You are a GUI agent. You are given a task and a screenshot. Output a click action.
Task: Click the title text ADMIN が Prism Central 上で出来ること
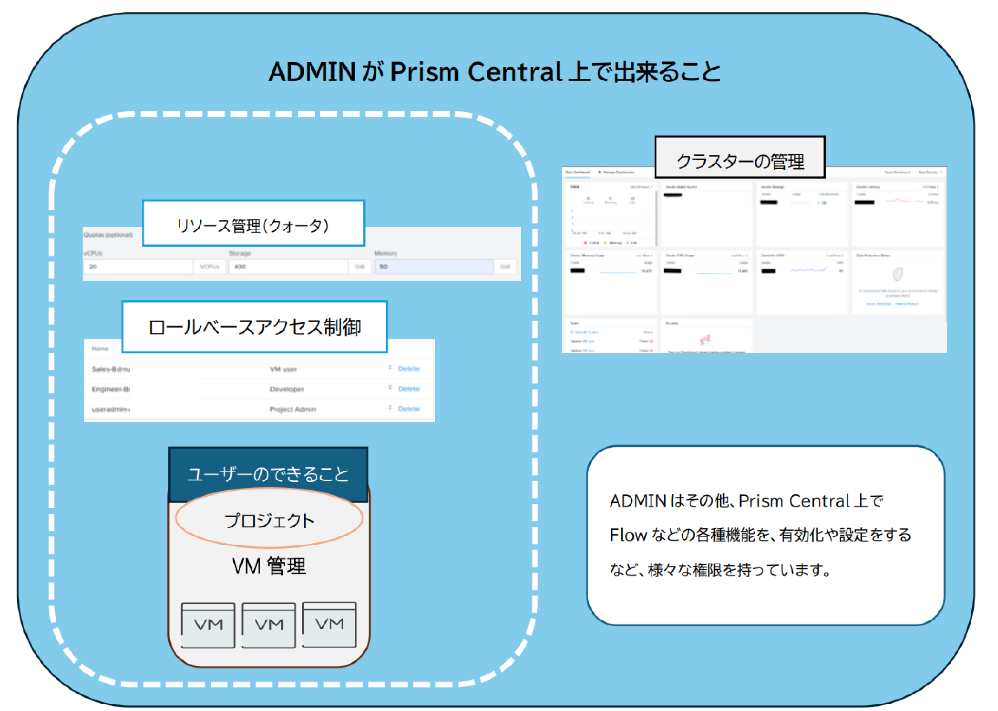pos(495,72)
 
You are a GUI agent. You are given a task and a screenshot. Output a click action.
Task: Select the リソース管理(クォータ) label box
pos(253,224)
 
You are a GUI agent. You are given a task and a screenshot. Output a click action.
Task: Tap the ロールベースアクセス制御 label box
pos(254,327)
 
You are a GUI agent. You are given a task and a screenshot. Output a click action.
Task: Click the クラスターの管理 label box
pos(740,158)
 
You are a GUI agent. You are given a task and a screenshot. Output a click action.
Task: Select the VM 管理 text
pos(269,566)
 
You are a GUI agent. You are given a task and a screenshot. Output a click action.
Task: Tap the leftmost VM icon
pos(208,625)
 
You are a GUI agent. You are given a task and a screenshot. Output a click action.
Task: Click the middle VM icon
pos(268,625)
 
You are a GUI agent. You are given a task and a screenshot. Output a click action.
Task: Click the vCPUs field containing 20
pos(138,267)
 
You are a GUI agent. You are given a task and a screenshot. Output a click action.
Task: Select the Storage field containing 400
pos(288,267)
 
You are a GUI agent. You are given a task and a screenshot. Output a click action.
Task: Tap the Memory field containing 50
pos(433,267)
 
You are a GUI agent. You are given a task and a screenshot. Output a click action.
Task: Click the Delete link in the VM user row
pos(408,369)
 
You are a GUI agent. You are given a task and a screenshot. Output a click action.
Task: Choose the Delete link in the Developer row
pos(408,389)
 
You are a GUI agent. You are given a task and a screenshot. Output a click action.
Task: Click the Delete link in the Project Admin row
pos(408,409)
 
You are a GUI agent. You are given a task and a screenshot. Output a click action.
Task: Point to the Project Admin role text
pos(292,409)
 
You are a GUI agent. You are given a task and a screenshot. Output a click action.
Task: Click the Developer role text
pos(287,389)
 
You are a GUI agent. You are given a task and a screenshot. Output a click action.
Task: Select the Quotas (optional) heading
pos(108,235)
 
